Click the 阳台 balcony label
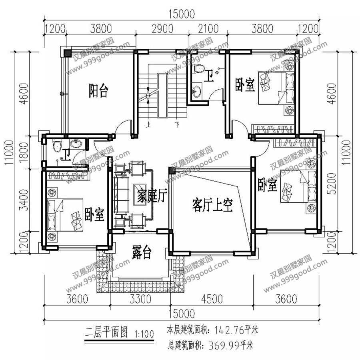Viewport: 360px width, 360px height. pyautogui.click(x=98, y=91)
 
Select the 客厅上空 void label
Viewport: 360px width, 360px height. pyautogui.click(x=212, y=205)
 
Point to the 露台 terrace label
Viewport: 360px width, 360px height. pyautogui.click(x=142, y=252)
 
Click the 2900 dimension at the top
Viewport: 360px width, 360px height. pyautogui.click(x=162, y=29)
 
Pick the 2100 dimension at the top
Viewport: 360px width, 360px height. pyautogui.click(x=208, y=29)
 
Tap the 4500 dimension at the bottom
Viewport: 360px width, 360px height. pyautogui.click(x=212, y=299)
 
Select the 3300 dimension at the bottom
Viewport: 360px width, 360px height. pyautogui.click(x=140, y=299)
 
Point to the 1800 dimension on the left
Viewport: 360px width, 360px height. pyautogui.click(x=24, y=152)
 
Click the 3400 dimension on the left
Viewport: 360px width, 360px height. pyautogui.click(x=24, y=200)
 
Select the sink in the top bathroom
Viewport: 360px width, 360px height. pyautogui.click(x=197, y=91)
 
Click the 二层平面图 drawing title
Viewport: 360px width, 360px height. pyautogui.click(x=106, y=332)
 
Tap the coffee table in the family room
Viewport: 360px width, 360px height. pyautogui.click(x=140, y=194)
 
